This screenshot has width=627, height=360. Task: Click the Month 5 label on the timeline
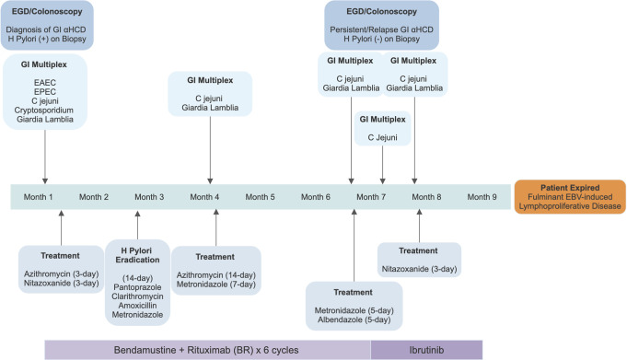pyautogui.click(x=260, y=197)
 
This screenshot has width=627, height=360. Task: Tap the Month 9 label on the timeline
pyautogui.click(x=482, y=197)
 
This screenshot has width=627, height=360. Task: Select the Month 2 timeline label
pyautogui.click(x=94, y=197)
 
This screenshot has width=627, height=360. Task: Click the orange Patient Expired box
pyautogui.click(x=570, y=197)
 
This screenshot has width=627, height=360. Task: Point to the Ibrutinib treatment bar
pyautogui.click(x=426, y=350)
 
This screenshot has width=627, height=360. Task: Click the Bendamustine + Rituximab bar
pyautogui.click(x=207, y=350)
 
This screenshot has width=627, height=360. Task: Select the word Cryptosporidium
pyautogui.click(x=44, y=110)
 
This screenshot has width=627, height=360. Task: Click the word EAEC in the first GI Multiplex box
pyautogui.click(x=45, y=83)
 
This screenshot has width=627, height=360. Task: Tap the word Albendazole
pyautogui.click(x=354, y=319)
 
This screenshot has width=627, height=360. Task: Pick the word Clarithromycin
pyautogui.click(x=137, y=296)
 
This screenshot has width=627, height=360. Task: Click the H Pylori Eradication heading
pyautogui.click(x=137, y=255)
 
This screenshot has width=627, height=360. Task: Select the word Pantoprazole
pyautogui.click(x=137, y=287)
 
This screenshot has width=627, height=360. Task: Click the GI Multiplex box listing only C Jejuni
pyautogui.click(x=383, y=128)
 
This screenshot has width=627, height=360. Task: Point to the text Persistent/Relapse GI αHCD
pyautogui.click(x=381, y=29)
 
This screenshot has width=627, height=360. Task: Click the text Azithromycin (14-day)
pyautogui.click(x=216, y=275)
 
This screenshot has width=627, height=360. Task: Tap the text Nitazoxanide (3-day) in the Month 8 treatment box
pyautogui.click(x=419, y=269)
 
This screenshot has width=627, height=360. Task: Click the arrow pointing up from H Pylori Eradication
pyautogui.click(x=137, y=226)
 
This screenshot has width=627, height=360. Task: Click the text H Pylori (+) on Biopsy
pyautogui.click(x=47, y=39)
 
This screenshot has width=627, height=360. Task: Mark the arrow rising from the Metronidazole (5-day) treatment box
pyautogui.click(x=354, y=245)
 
